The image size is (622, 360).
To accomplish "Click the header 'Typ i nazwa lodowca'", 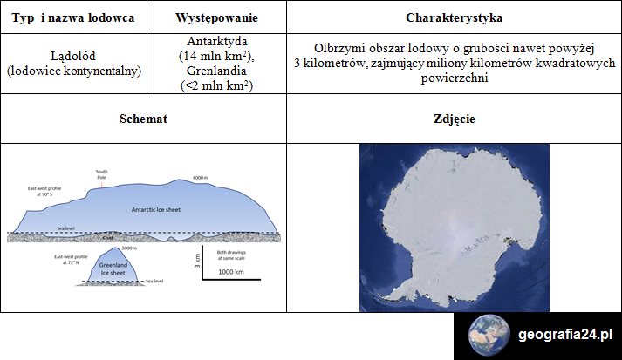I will click(x=73, y=17).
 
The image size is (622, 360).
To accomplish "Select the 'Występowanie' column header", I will click(x=215, y=17).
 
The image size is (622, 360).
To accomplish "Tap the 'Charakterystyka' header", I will click(x=454, y=17).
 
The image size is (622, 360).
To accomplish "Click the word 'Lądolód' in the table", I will click(x=73, y=55).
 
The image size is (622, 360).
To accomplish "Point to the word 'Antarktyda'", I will click(x=215, y=41).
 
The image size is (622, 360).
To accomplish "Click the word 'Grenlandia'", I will click(x=215, y=71).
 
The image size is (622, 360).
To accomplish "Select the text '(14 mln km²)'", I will click(x=215, y=56).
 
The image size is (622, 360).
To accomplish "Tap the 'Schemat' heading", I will click(x=143, y=119).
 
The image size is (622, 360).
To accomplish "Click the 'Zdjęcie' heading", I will click(x=454, y=119).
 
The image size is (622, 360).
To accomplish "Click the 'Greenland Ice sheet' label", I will click(x=113, y=269).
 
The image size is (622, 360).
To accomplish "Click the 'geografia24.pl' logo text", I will click(x=565, y=335).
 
